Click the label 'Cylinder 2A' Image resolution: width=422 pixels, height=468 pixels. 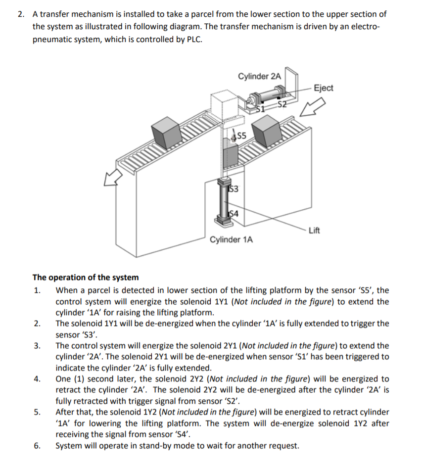click(259, 76)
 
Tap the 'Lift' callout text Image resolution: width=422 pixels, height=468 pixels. click(314, 230)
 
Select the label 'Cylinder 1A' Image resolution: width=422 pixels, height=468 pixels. click(232, 240)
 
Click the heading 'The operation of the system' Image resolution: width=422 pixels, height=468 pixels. click(86, 277)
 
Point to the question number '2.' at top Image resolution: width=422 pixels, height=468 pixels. click(20, 14)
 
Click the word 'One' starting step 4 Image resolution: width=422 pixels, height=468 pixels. click(63, 379)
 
